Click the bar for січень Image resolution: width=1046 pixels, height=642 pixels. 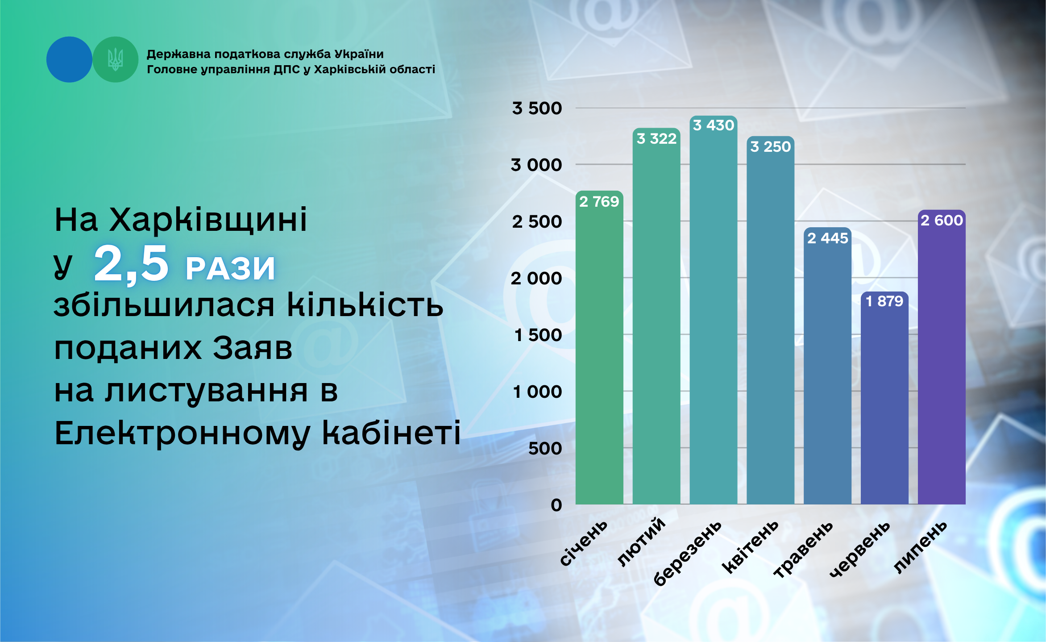(x=599, y=347)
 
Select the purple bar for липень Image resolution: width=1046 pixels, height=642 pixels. (x=942, y=357)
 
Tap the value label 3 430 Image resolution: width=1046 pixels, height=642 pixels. (x=714, y=125)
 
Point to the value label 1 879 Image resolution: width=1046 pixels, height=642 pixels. (x=884, y=301)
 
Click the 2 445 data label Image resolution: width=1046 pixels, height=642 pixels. (x=828, y=238)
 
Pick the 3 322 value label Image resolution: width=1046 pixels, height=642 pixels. (x=656, y=139)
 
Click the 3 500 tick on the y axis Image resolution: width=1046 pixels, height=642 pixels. (x=537, y=108)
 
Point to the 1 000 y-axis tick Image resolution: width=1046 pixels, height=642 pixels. (x=537, y=392)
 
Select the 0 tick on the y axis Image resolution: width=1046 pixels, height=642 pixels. (x=556, y=505)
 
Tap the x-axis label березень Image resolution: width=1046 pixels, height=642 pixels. (x=687, y=553)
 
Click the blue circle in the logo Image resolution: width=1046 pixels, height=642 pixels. (x=69, y=59)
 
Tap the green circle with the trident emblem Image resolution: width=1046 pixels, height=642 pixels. (x=115, y=59)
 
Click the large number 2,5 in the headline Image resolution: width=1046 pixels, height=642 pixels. (x=131, y=264)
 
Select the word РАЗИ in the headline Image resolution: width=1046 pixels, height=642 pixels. (x=230, y=268)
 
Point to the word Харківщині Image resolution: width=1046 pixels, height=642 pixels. (x=208, y=220)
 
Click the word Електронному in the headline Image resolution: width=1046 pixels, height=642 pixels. (x=183, y=434)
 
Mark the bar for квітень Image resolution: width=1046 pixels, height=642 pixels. (x=771, y=320)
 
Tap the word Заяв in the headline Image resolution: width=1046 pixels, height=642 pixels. (x=253, y=348)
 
